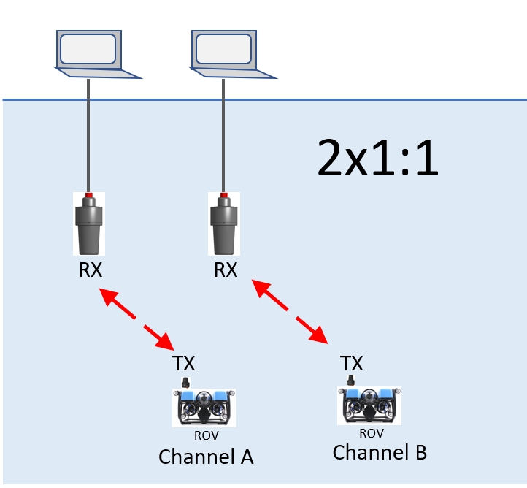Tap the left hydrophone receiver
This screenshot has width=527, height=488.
(89, 225)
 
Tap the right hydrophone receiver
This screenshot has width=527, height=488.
(224, 225)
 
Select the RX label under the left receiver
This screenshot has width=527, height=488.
(90, 270)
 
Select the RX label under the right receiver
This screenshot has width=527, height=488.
(225, 270)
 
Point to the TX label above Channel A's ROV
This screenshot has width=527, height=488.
(183, 363)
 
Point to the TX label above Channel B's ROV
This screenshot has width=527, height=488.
(352, 363)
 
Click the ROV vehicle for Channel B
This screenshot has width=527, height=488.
(371, 404)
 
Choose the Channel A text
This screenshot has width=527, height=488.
(206, 457)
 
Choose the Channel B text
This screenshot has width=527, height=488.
(380, 452)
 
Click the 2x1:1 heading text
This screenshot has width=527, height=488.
(377, 160)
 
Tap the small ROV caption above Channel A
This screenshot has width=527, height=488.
(206, 435)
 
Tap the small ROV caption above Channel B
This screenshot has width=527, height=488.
(371, 432)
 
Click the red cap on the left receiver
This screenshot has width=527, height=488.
(89, 195)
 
